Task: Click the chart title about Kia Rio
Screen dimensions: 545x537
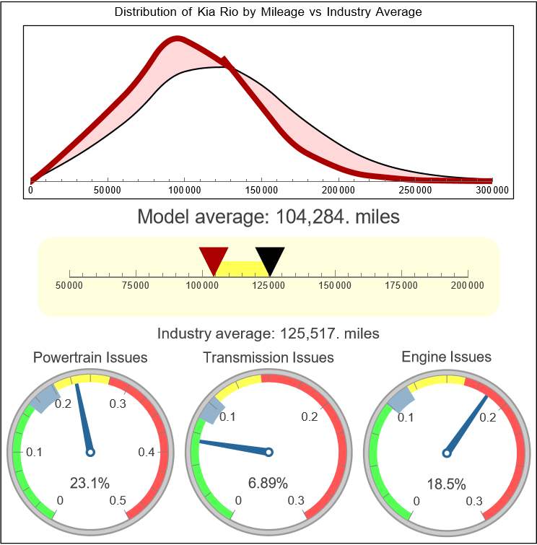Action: coord(268,12)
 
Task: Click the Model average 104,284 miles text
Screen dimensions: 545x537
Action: coord(268,217)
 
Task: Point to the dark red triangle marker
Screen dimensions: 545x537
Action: coord(214,258)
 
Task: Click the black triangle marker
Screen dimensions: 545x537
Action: coord(270,258)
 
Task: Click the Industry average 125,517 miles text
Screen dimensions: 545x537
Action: coord(268,333)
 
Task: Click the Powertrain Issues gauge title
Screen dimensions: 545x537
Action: coord(90,357)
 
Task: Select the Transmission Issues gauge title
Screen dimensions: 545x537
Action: coord(268,357)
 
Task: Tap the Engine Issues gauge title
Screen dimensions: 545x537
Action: coord(446,357)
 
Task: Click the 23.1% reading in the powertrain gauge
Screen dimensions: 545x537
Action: coord(89,482)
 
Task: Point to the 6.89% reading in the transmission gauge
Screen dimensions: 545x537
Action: coord(268,482)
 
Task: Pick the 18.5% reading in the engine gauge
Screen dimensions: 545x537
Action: coord(446,482)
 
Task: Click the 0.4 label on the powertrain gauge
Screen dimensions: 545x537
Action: coord(147,453)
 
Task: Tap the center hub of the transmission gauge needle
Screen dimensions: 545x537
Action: coord(268,453)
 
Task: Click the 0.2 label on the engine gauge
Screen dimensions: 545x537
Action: coord(486,417)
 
